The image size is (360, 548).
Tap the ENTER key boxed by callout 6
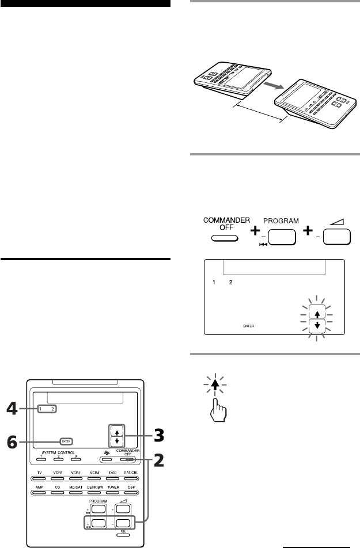pyautogui.click(x=67, y=443)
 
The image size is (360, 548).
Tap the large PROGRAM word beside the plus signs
pyautogui.click(x=281, y=221)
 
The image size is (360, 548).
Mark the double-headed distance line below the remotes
pyautogui.click(x=260, y=112)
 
